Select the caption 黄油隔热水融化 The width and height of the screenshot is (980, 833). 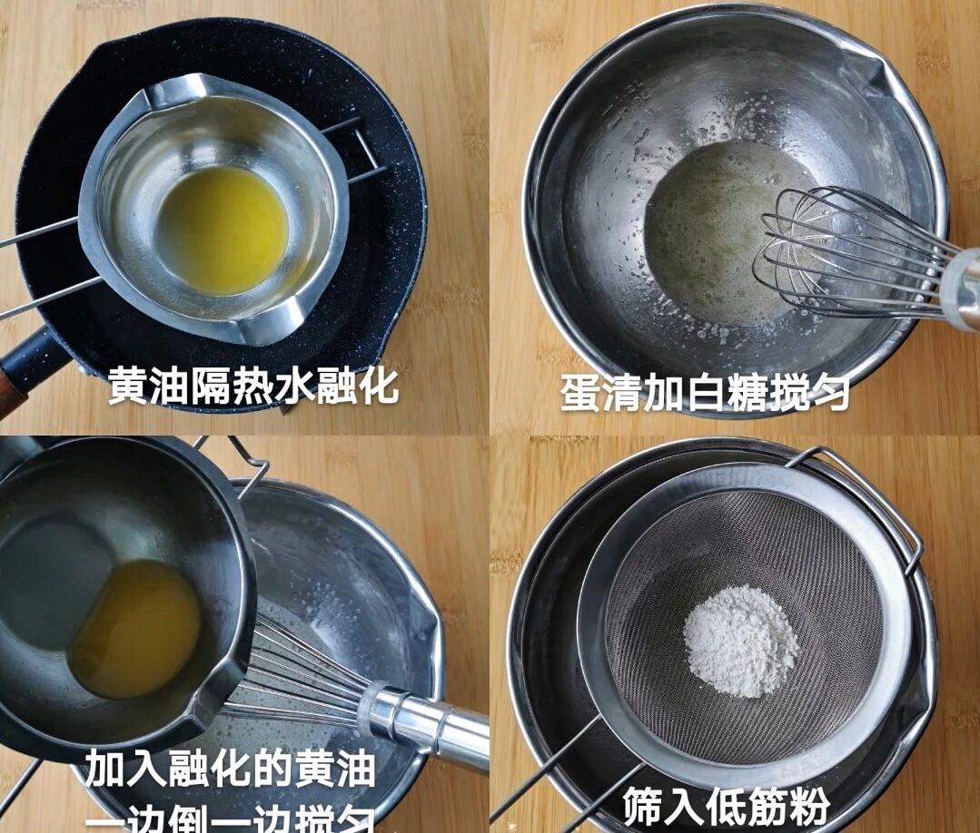(253, 386)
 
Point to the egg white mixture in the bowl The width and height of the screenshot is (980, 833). (708, 236)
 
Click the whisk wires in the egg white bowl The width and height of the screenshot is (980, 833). (836, 254)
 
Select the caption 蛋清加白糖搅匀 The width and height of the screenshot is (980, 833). (705, 393)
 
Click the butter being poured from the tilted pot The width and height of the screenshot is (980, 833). (136, 626)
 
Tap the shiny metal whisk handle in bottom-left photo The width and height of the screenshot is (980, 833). (427, 721)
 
